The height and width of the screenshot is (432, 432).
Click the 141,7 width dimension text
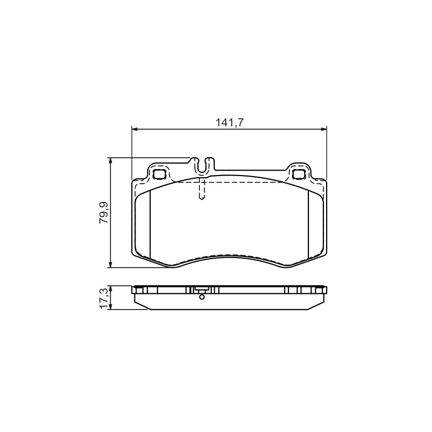point(229,123)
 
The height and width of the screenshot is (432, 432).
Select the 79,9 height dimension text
point(104,212)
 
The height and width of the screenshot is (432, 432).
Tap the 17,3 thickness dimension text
point(104,299)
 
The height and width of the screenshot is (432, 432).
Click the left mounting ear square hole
point(159,174)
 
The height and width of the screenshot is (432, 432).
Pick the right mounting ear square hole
point(299,174)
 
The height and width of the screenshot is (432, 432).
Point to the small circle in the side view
point(201,297)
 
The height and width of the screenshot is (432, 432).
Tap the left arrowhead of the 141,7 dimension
point(134,129)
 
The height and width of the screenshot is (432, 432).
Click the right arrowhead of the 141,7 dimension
point(324,129)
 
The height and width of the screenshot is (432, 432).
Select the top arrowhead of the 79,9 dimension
point(110,160)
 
